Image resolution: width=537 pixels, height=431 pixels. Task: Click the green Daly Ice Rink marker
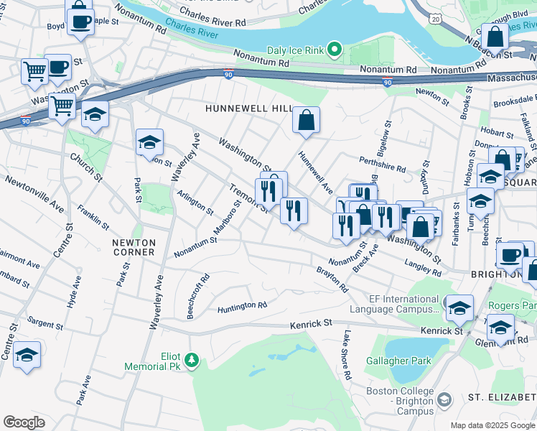click(x=333, y=50)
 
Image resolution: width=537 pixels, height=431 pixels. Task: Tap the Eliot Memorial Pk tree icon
click(x=192, y=359)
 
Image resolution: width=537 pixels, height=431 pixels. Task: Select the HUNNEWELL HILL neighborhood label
click(x=248, y=108)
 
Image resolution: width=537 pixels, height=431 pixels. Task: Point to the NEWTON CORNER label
click(x=134, y=247)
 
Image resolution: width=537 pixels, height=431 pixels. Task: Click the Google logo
click(x=24, y=422)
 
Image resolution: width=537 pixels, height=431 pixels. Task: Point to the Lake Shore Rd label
click(x=346, y=355)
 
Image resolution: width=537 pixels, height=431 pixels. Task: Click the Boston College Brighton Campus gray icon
click(x=444, y=399)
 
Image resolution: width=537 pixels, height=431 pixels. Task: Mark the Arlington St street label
click(x=195, y=203)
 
